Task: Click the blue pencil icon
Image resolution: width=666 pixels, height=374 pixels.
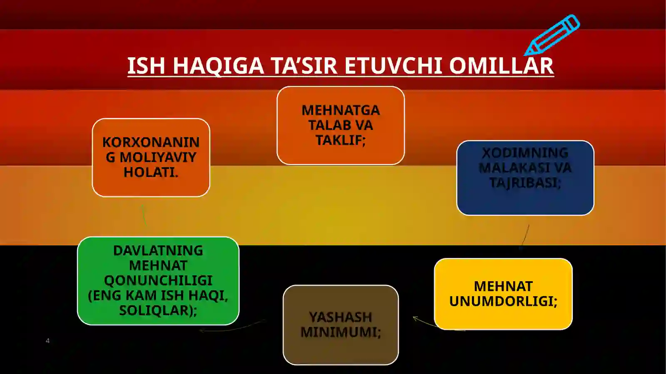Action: [x=553, y=35]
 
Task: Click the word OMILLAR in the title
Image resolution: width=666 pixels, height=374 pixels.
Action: [x=501, y=66]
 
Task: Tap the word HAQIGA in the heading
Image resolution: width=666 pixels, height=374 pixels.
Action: [x=218, y=66]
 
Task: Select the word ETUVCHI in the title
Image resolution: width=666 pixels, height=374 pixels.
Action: [x=393, y=66]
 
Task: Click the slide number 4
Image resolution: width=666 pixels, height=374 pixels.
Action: [x=47, y=341]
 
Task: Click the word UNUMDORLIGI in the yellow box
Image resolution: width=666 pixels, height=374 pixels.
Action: [x=503, y=301]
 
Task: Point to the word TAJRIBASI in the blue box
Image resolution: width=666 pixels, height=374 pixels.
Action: [x=525, y=183]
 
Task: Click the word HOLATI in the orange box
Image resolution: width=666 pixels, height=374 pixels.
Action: [x=151, y=172]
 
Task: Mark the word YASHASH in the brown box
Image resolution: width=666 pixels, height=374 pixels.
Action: [x=340, y=317]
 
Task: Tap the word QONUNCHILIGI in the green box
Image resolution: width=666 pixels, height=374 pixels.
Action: [x=158, y=280]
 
